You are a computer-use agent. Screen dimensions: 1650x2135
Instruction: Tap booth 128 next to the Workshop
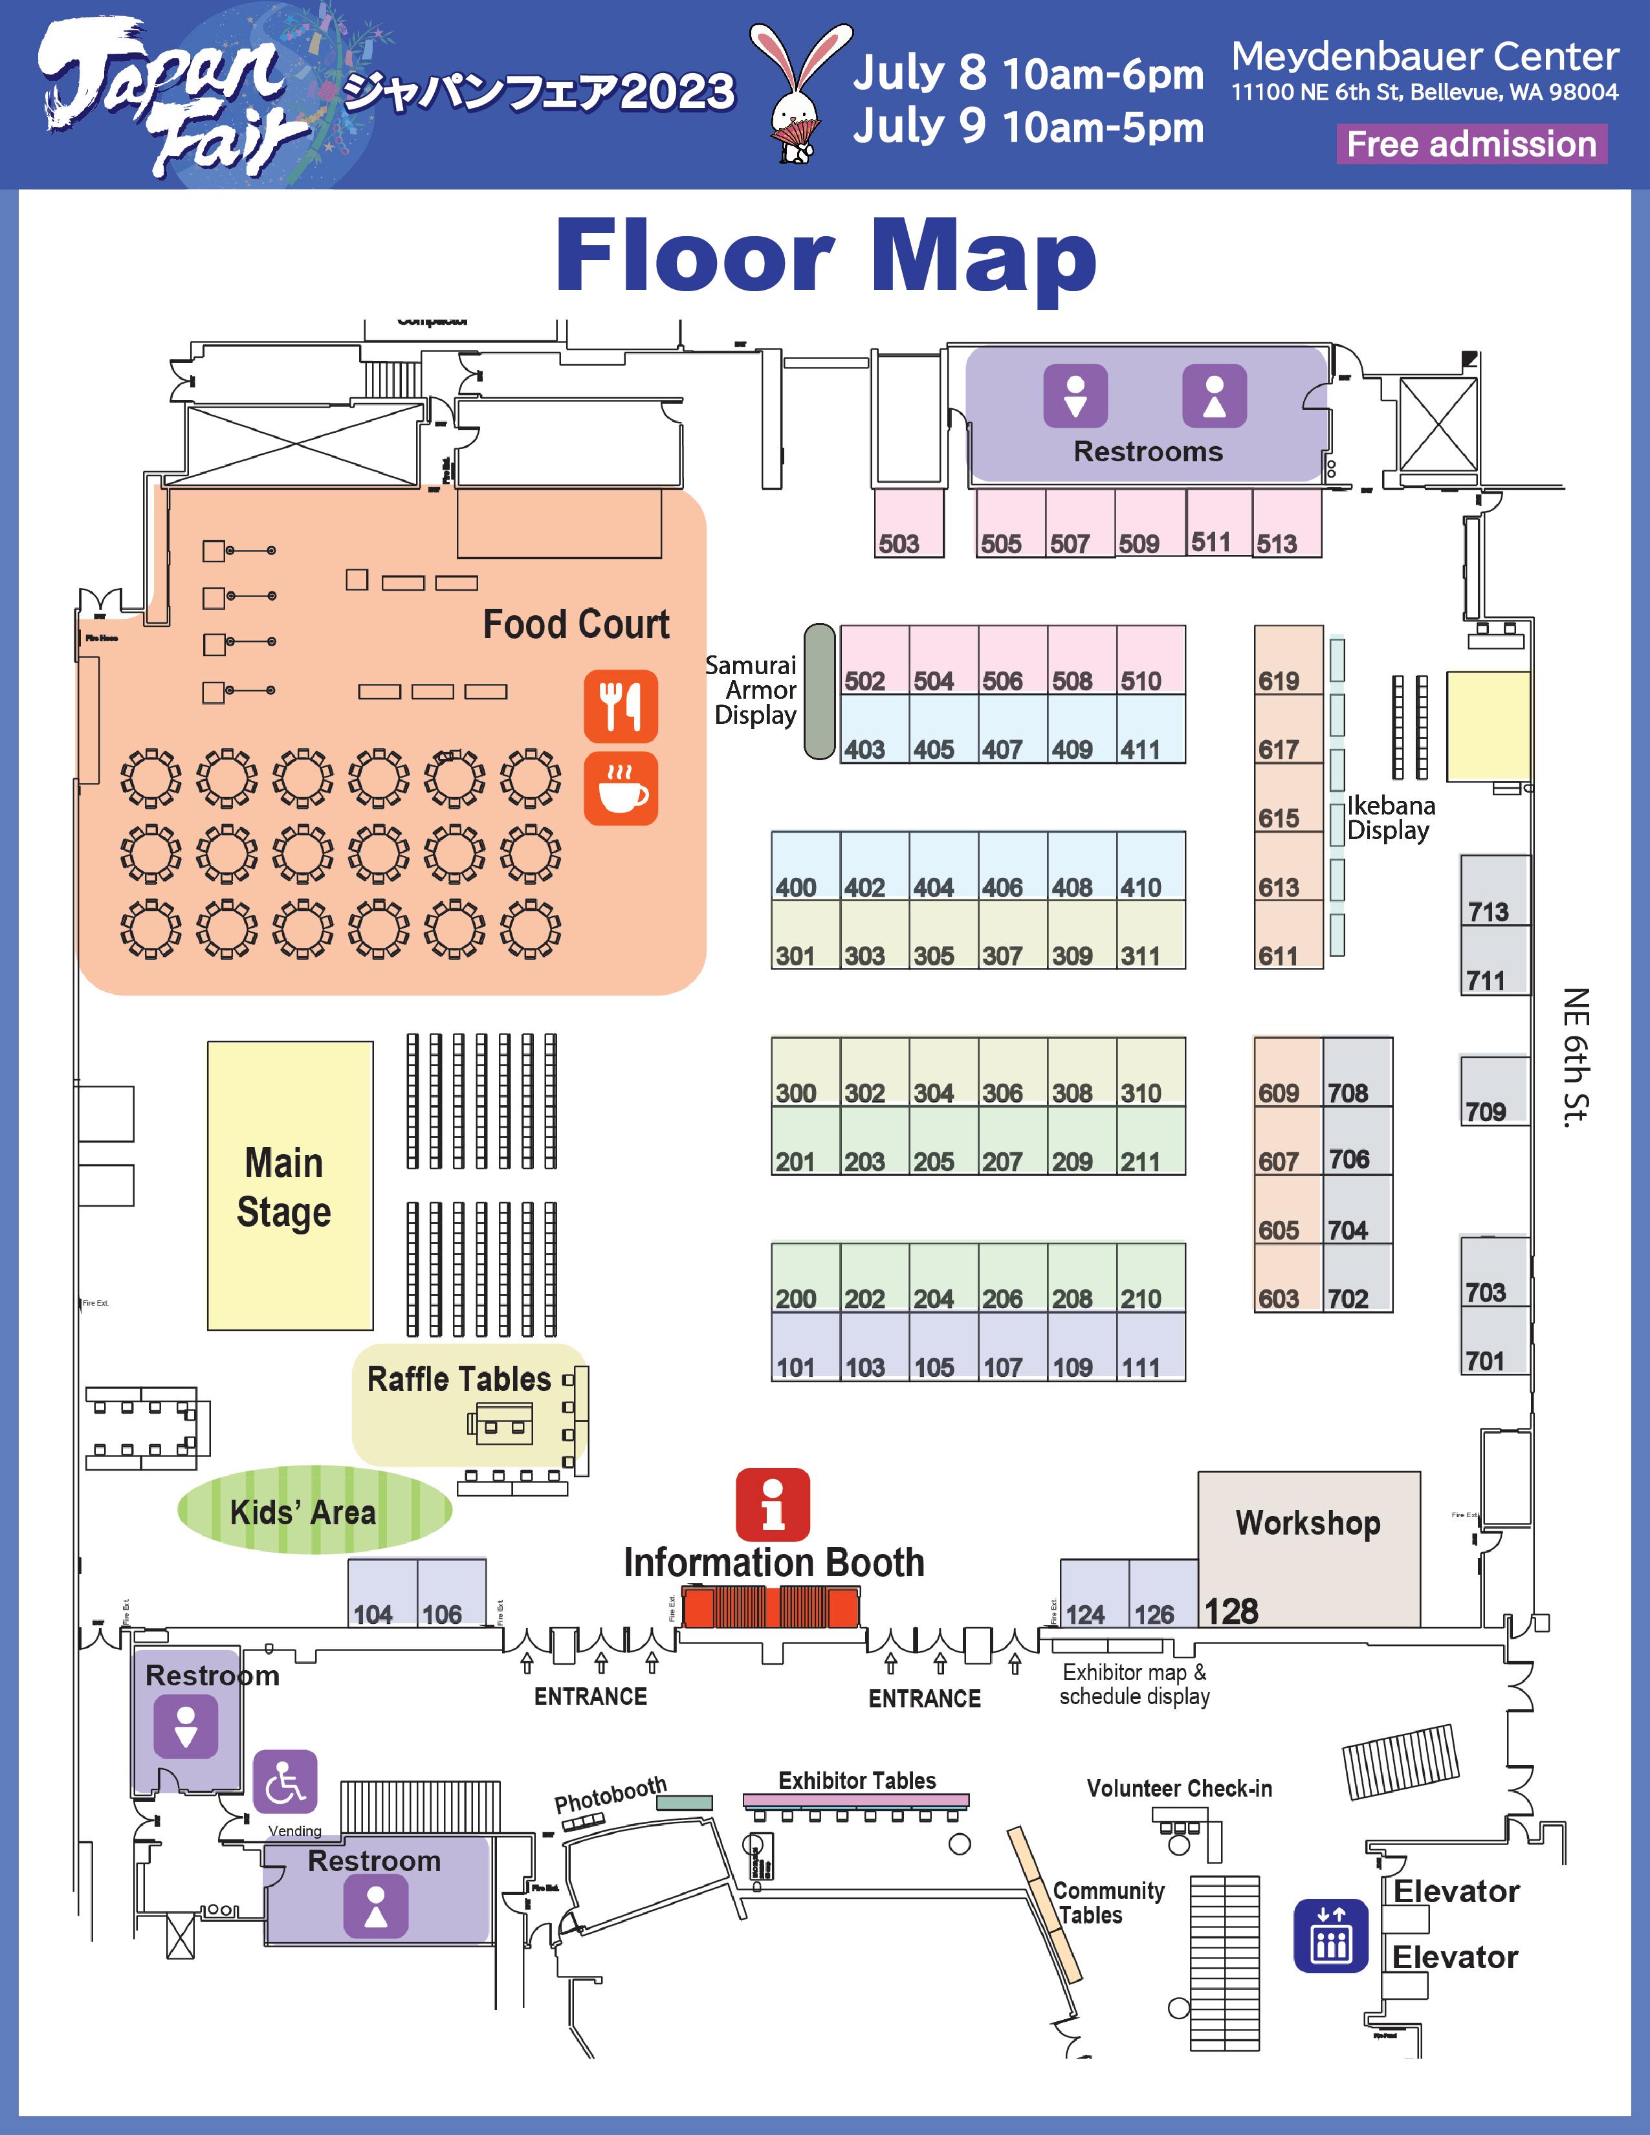tap(1231, 1611)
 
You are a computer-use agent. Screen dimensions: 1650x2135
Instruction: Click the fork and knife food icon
tap(621, 706)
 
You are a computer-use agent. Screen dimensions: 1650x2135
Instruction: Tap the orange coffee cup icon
tap(621, 789)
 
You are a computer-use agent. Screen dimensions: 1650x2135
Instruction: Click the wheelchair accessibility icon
tap(285, 1781)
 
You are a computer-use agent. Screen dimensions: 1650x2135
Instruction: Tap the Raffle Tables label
tap(459, 1379)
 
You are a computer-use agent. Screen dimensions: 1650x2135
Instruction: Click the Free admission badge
tap(1471, 145)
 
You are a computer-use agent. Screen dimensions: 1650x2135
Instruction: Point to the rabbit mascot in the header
tap(800, 94)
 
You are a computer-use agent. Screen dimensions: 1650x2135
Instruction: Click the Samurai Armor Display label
tap(752, 690)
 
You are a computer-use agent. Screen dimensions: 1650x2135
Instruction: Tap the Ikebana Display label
tap(1390, 818)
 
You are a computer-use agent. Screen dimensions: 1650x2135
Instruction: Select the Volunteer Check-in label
tap(1179, 1788)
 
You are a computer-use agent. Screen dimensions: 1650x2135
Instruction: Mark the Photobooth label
tap(610, 1794)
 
